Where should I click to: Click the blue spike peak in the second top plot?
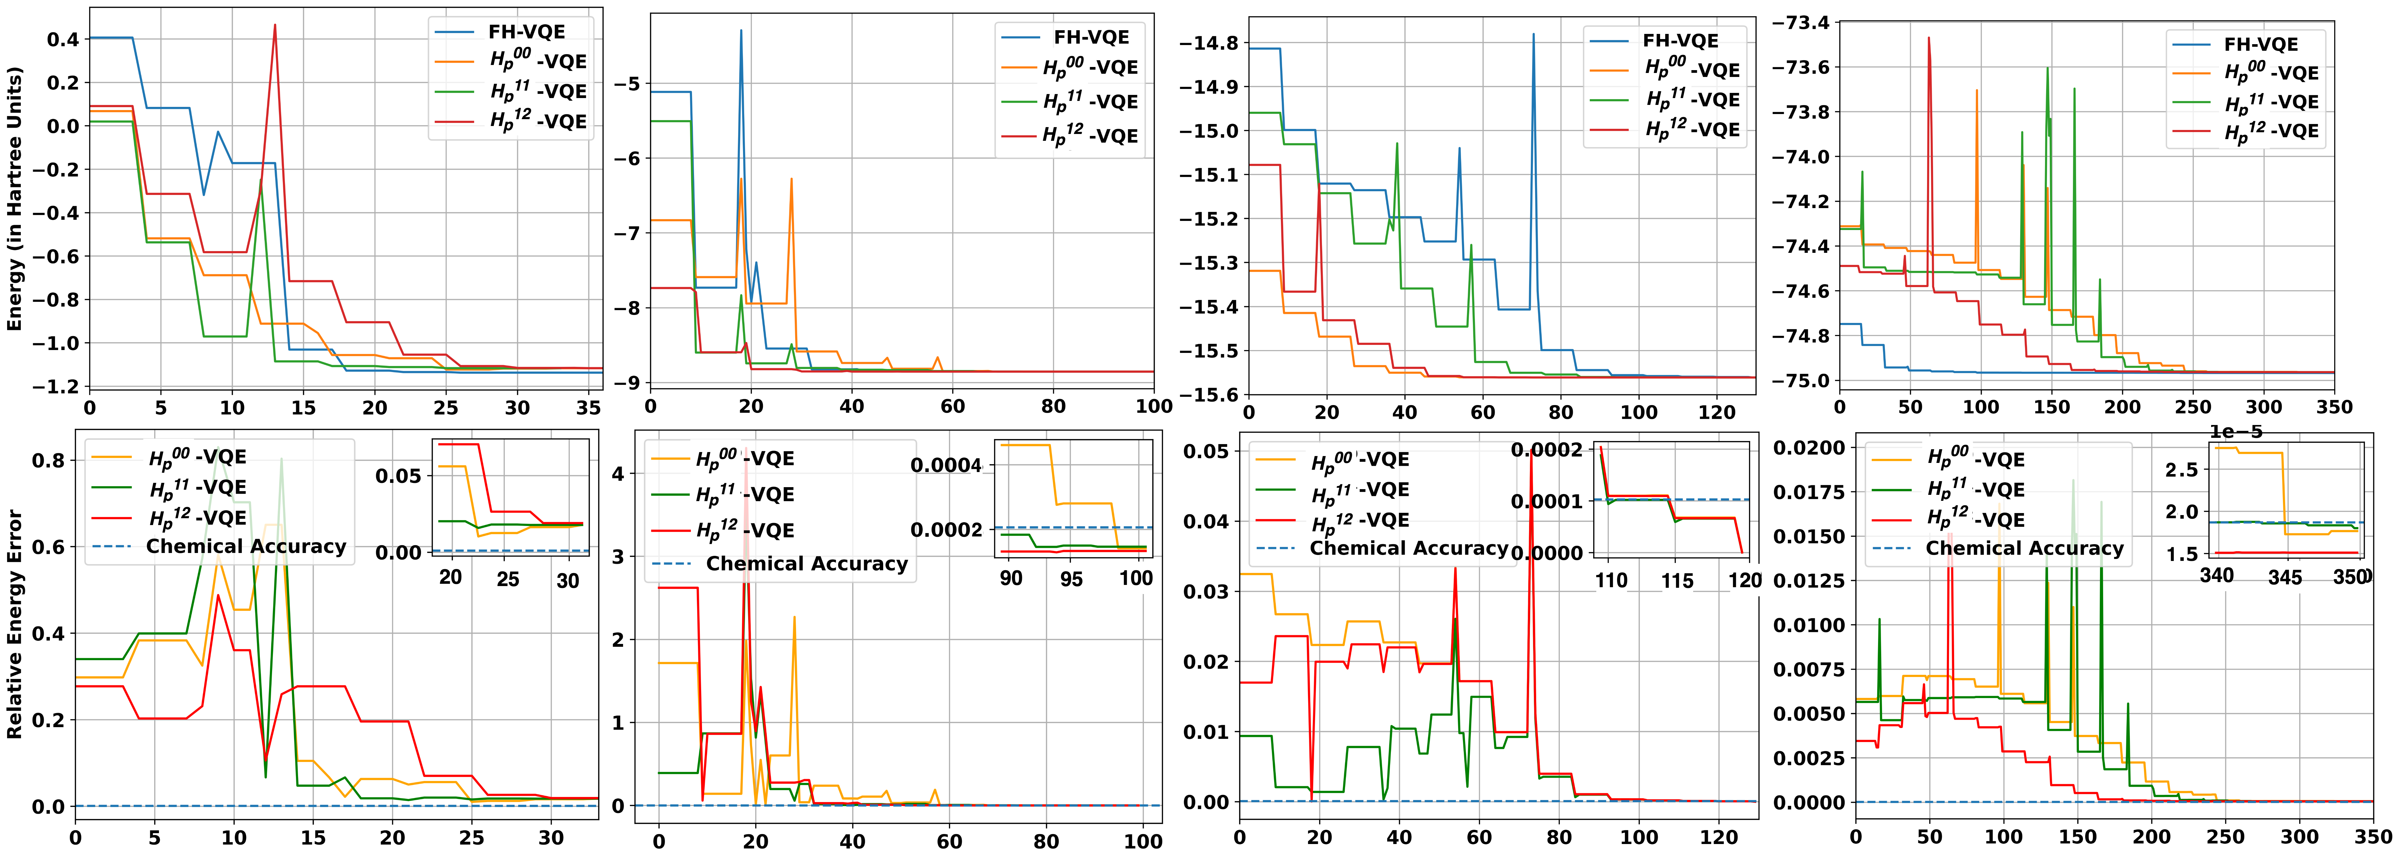[741, 31]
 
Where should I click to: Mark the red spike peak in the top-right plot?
[1929, 38]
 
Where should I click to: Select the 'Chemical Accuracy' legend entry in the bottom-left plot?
[246, 547]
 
